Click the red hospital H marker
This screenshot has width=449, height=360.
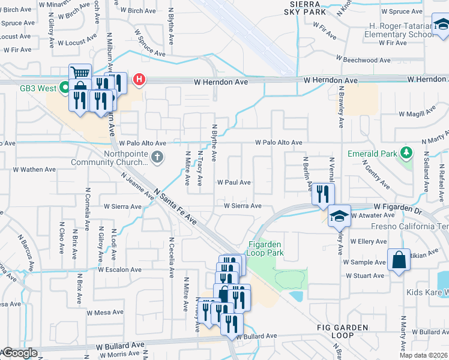coord(140,79)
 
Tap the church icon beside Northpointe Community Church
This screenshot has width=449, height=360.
coord(157,157)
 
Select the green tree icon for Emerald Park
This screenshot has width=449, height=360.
coord(406,153)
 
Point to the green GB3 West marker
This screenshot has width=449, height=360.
coord(62,88)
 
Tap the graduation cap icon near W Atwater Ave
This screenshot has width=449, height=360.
coord(339,215)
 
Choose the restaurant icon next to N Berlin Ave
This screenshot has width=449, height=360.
coord(322,194)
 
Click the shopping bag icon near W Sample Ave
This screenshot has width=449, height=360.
coord(399,260)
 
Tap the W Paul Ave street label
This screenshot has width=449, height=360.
coord(234,182)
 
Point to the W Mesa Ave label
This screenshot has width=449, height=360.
coord(105,313)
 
